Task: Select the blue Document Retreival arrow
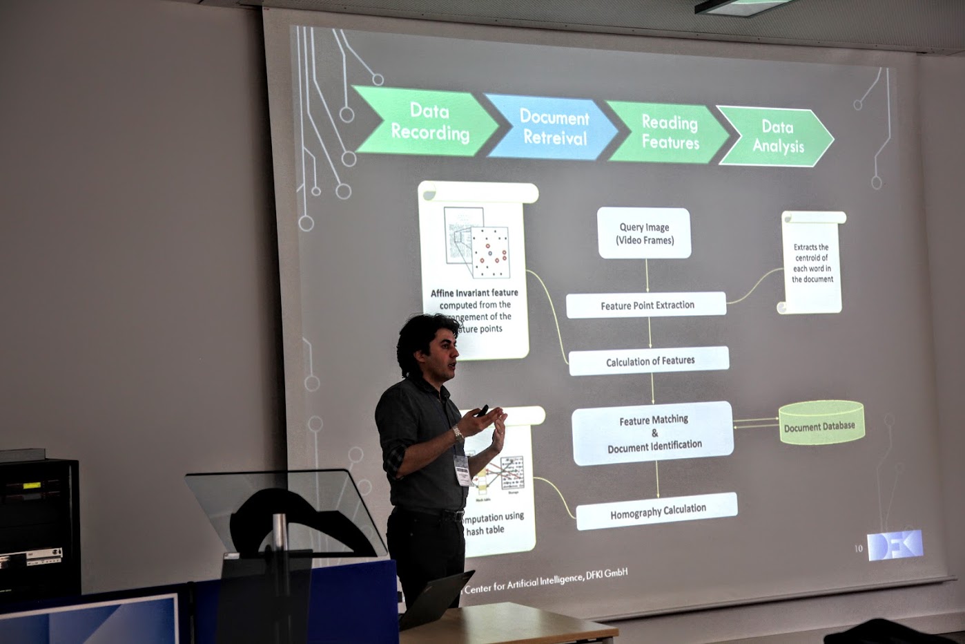pyautogui.click(x=552, y=127)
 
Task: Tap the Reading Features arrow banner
pyautogui.click(x=667, y=132)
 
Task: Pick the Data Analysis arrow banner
pyautogui.click(x=777, y=136)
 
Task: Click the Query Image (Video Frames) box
pyautogui.click(x=644, y=234)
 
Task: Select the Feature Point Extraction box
pyautogui.click(x=646, y=305)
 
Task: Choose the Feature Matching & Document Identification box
pyautogui.click(x=653, y=433)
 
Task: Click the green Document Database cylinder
pyautogui.click(x=821, y=423)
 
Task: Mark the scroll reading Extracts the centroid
pyautogui.click(x=812, y=263)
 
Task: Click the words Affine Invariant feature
pyautogui.click(x=474, y=293)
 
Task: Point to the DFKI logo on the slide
pyautogui.click(x=895, y=545)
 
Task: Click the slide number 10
pyautogui.click(x=859, y=549)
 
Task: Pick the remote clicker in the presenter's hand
pyautogui.click(x=482, y=410)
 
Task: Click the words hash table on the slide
pyautogui.click(x=485, y=531)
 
